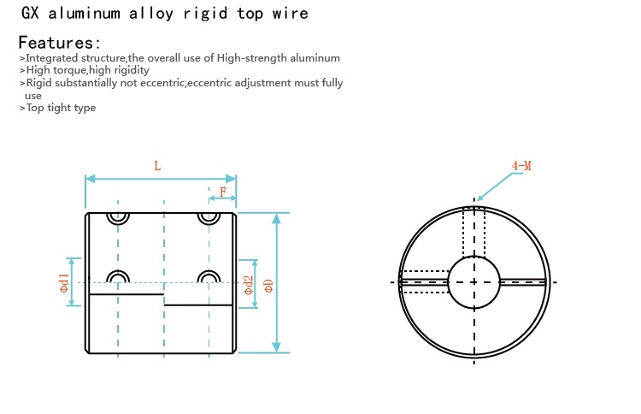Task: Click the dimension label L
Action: [157, 166]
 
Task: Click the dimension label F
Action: [223, 192]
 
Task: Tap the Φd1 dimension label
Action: [64, 282]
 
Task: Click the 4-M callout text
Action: [521, 165]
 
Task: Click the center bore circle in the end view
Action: [473, 281]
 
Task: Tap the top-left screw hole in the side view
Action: [118, 216]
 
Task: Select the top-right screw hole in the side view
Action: [209, 216]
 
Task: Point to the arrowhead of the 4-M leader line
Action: [479, 199]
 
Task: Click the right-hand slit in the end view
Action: [522, 281]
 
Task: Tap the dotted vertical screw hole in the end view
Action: [473, 231]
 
